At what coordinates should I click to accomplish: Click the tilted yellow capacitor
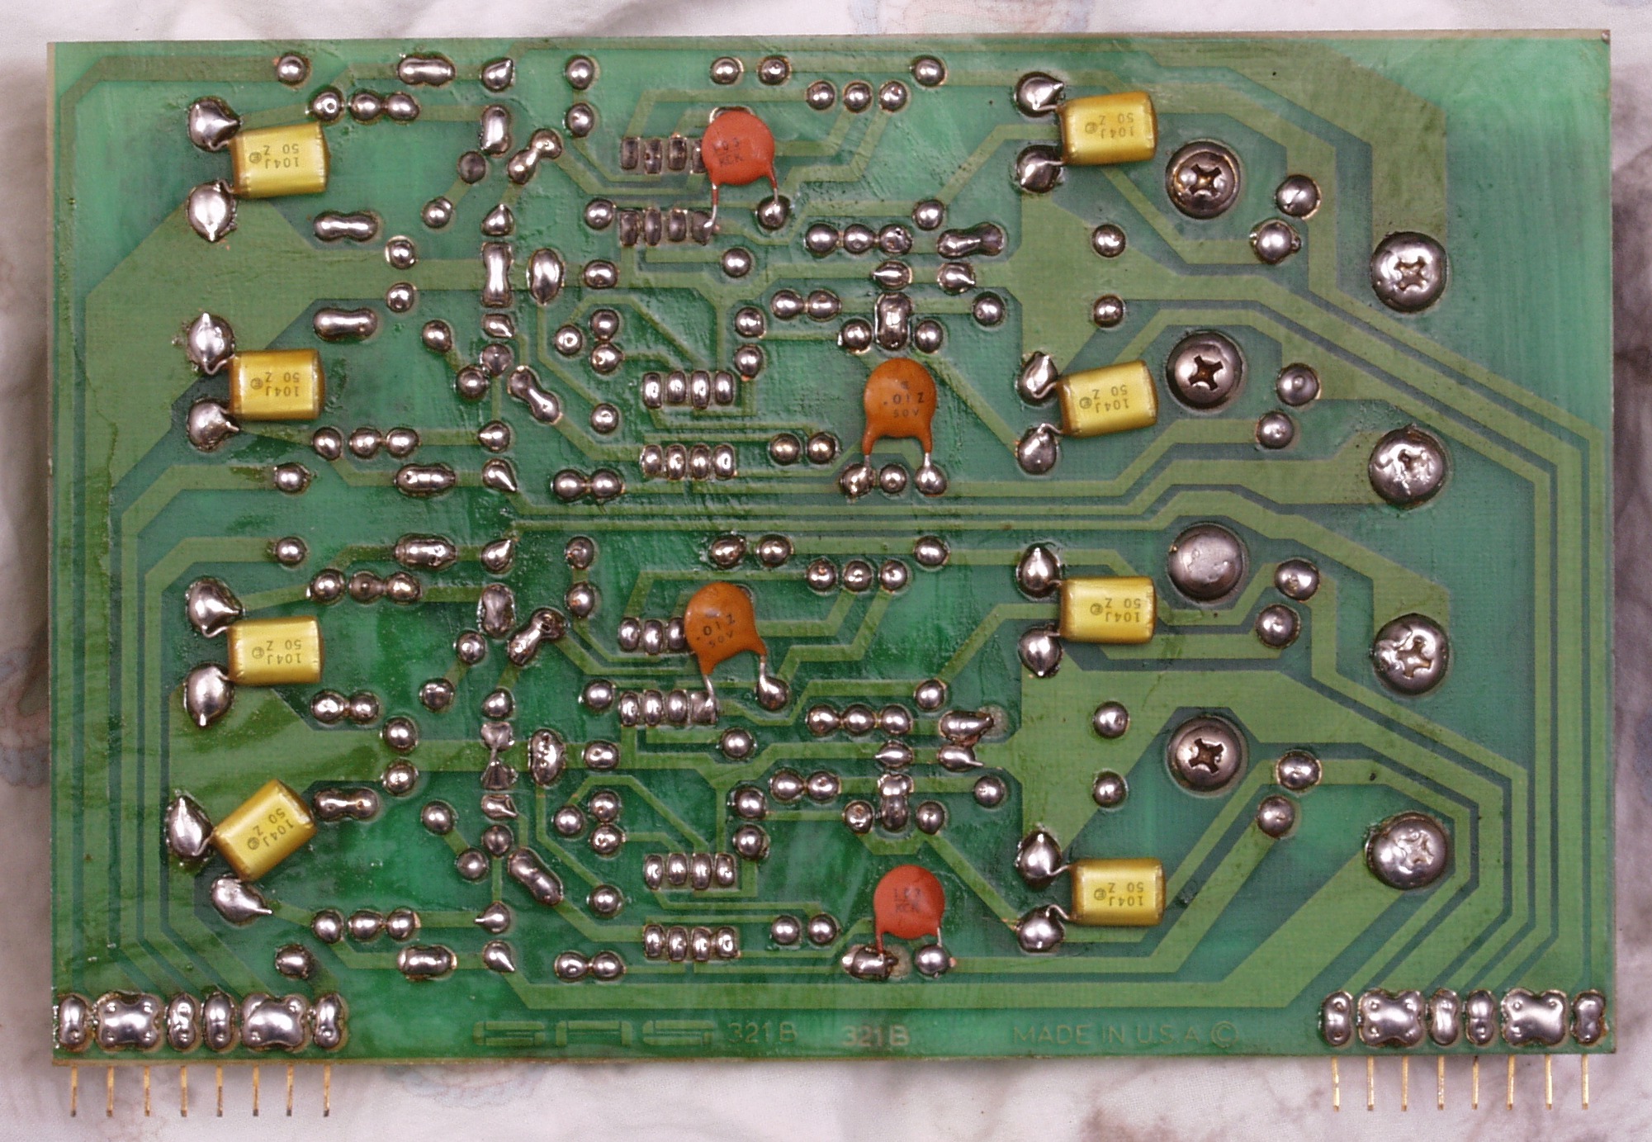click(x=263, y=828)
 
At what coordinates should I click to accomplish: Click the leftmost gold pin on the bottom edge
click(x=73, y=1088)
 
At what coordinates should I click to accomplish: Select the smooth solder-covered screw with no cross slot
click(x=1206, y=562)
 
